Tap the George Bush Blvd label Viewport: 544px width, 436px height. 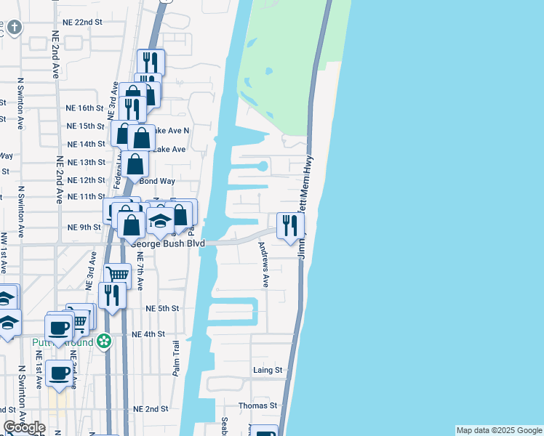tap(168, 243)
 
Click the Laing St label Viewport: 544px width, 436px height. tap(268, 370)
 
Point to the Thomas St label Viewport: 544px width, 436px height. tap(264, 405)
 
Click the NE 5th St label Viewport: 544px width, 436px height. tap(162, 308)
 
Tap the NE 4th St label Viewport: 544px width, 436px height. tap(149, 334)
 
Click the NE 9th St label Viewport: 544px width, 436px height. tap(84, 227)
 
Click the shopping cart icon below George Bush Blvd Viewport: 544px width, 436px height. tap(118, 275)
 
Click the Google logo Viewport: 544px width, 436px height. tap(24, 427)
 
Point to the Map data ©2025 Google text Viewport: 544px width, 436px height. tap(498, 430)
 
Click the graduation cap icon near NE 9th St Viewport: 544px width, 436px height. tap(159, 220)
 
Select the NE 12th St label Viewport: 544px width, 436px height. tap(86, 179)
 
